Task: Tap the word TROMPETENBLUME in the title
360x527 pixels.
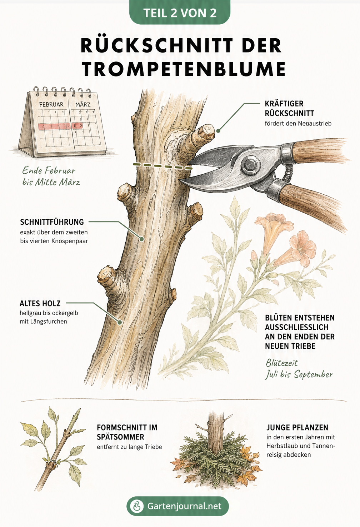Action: [184, 69]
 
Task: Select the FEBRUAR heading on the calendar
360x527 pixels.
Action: [51, 104]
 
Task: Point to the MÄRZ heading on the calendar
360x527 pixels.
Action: [83, 104]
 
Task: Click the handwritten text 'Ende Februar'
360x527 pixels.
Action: [49, 170]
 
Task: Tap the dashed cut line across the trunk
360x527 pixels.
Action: [162, 166]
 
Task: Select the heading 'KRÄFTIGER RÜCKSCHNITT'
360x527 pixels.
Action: [289, 109]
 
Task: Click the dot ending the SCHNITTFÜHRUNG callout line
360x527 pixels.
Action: [141, 239]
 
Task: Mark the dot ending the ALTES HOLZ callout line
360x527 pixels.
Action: [120, 322]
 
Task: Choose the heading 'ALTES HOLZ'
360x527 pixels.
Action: [40, 303]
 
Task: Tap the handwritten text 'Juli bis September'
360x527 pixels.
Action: [299, 374]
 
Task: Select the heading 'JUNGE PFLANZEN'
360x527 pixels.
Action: [297, 427]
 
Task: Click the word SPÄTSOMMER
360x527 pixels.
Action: [120, 437]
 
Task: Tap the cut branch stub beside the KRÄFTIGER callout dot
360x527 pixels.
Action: [203, 135]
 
